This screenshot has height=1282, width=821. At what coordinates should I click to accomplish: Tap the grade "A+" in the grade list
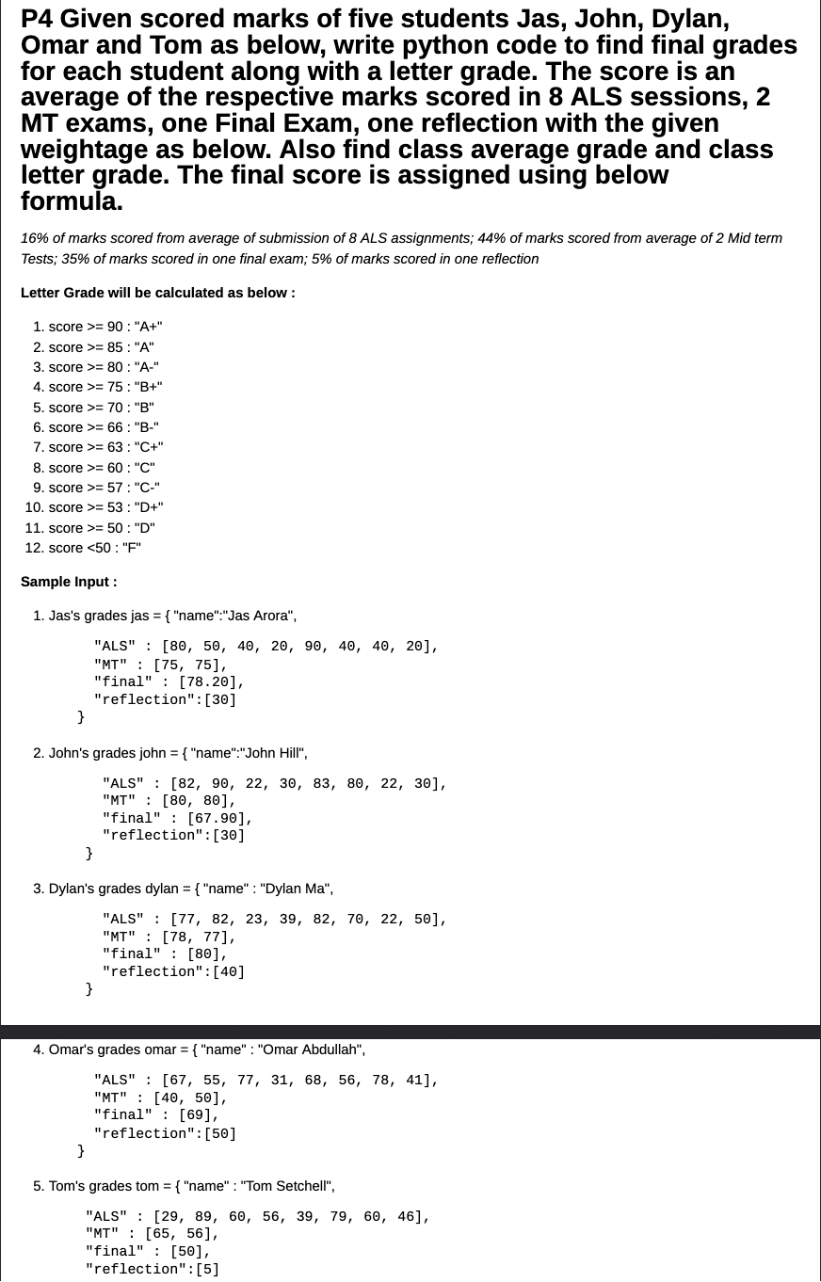tap(149, 327)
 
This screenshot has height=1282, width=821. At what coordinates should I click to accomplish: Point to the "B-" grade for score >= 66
tap(147, 427)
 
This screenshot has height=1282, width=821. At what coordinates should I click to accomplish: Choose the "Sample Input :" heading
tap(69, 582)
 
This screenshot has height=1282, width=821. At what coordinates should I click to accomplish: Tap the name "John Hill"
tap(274, 753)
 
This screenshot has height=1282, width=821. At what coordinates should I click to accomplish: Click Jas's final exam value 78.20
tap(207, 682)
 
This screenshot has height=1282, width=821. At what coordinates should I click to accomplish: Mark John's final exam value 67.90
tap(216, 819)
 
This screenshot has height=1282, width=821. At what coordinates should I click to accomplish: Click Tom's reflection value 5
tap(207, 1270)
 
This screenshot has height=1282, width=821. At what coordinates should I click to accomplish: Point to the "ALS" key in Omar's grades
tap(115, 1081)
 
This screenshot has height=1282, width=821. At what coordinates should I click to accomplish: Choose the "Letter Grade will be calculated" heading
tap(157, 293)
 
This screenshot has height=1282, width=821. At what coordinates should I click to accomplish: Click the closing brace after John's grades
tap(89, 853)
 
